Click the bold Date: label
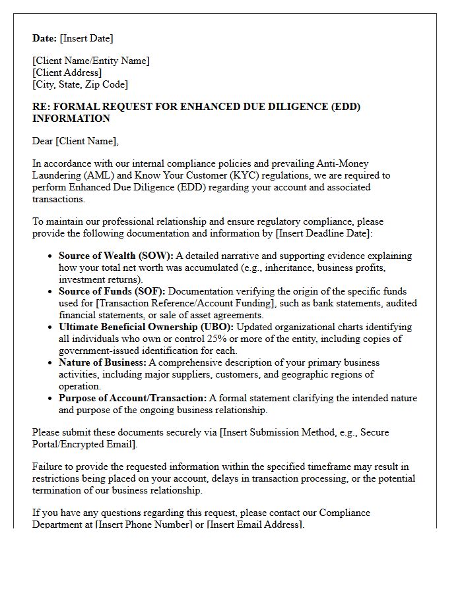coord(45,38)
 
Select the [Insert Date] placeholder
coord(86,38)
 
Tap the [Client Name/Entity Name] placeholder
coord(91,61)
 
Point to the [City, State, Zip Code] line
coord(80,84)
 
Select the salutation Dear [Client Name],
coord(75,141)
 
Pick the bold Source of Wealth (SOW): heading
coord(116,256)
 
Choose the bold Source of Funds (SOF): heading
coord(112,291)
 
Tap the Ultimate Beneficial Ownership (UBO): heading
coord(146,327)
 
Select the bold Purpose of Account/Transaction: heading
coord(133,398)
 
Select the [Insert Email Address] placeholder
coord(255,524)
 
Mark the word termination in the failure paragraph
coord(59,490)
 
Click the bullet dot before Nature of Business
coord(51,363)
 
